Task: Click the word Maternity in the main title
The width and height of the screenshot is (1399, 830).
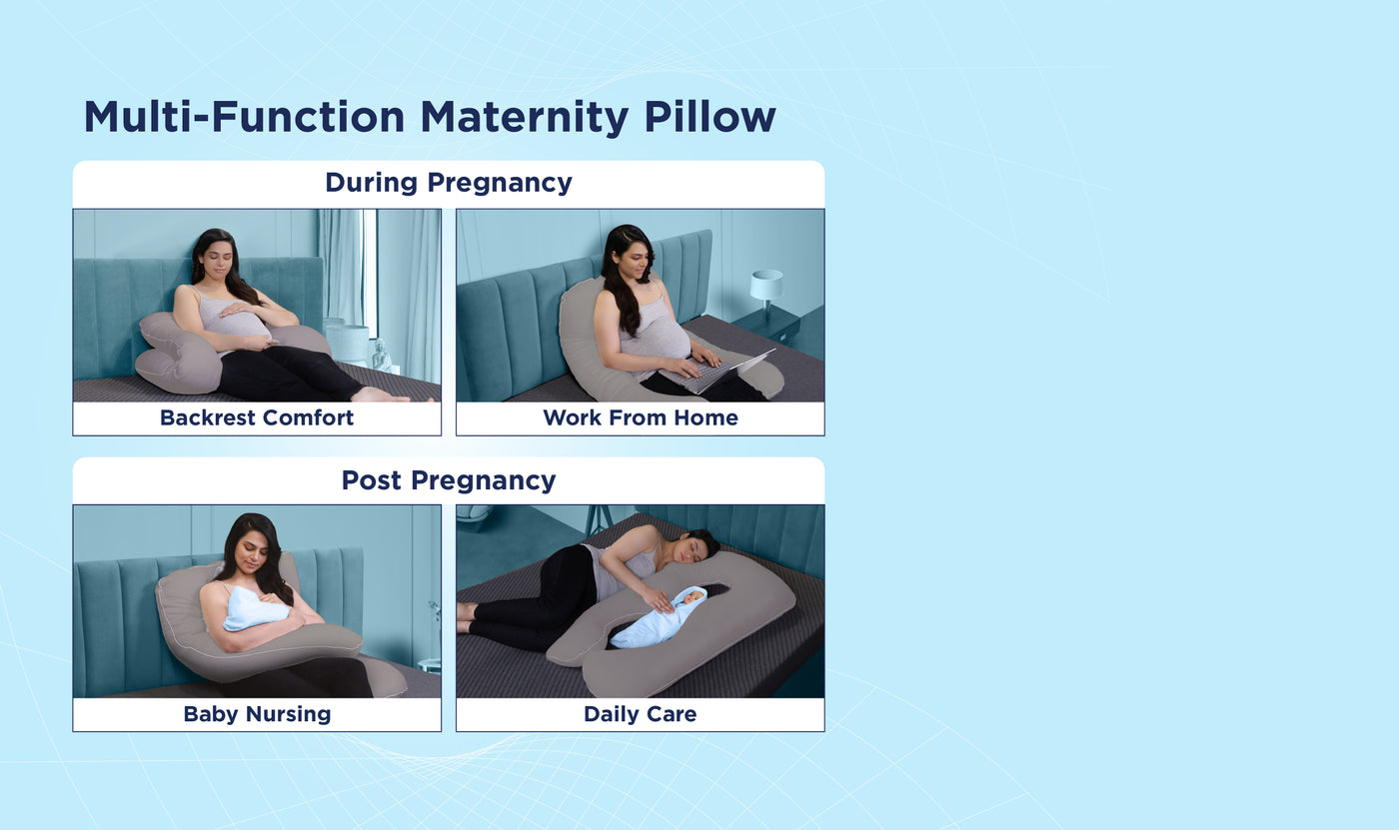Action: tap(524, 117)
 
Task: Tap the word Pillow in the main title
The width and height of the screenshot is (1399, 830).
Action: tap(709, 117)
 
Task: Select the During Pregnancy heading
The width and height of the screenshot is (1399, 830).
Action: tap(449, 183)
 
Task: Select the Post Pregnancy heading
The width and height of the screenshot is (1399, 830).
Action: tap(449, 480)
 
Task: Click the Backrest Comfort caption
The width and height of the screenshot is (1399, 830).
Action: tap(257, 417)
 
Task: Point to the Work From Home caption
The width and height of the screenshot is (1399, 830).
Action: tap(641, 417)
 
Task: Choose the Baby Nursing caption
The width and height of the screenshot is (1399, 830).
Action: tap(257, 714)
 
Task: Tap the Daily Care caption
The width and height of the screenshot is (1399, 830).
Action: tap(641, 714)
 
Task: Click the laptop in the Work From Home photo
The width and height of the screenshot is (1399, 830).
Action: tap(718, 372)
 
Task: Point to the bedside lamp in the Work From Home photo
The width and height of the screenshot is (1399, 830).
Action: tap(766, 292)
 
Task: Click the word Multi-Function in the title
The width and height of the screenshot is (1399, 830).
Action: tap(244, 117)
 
